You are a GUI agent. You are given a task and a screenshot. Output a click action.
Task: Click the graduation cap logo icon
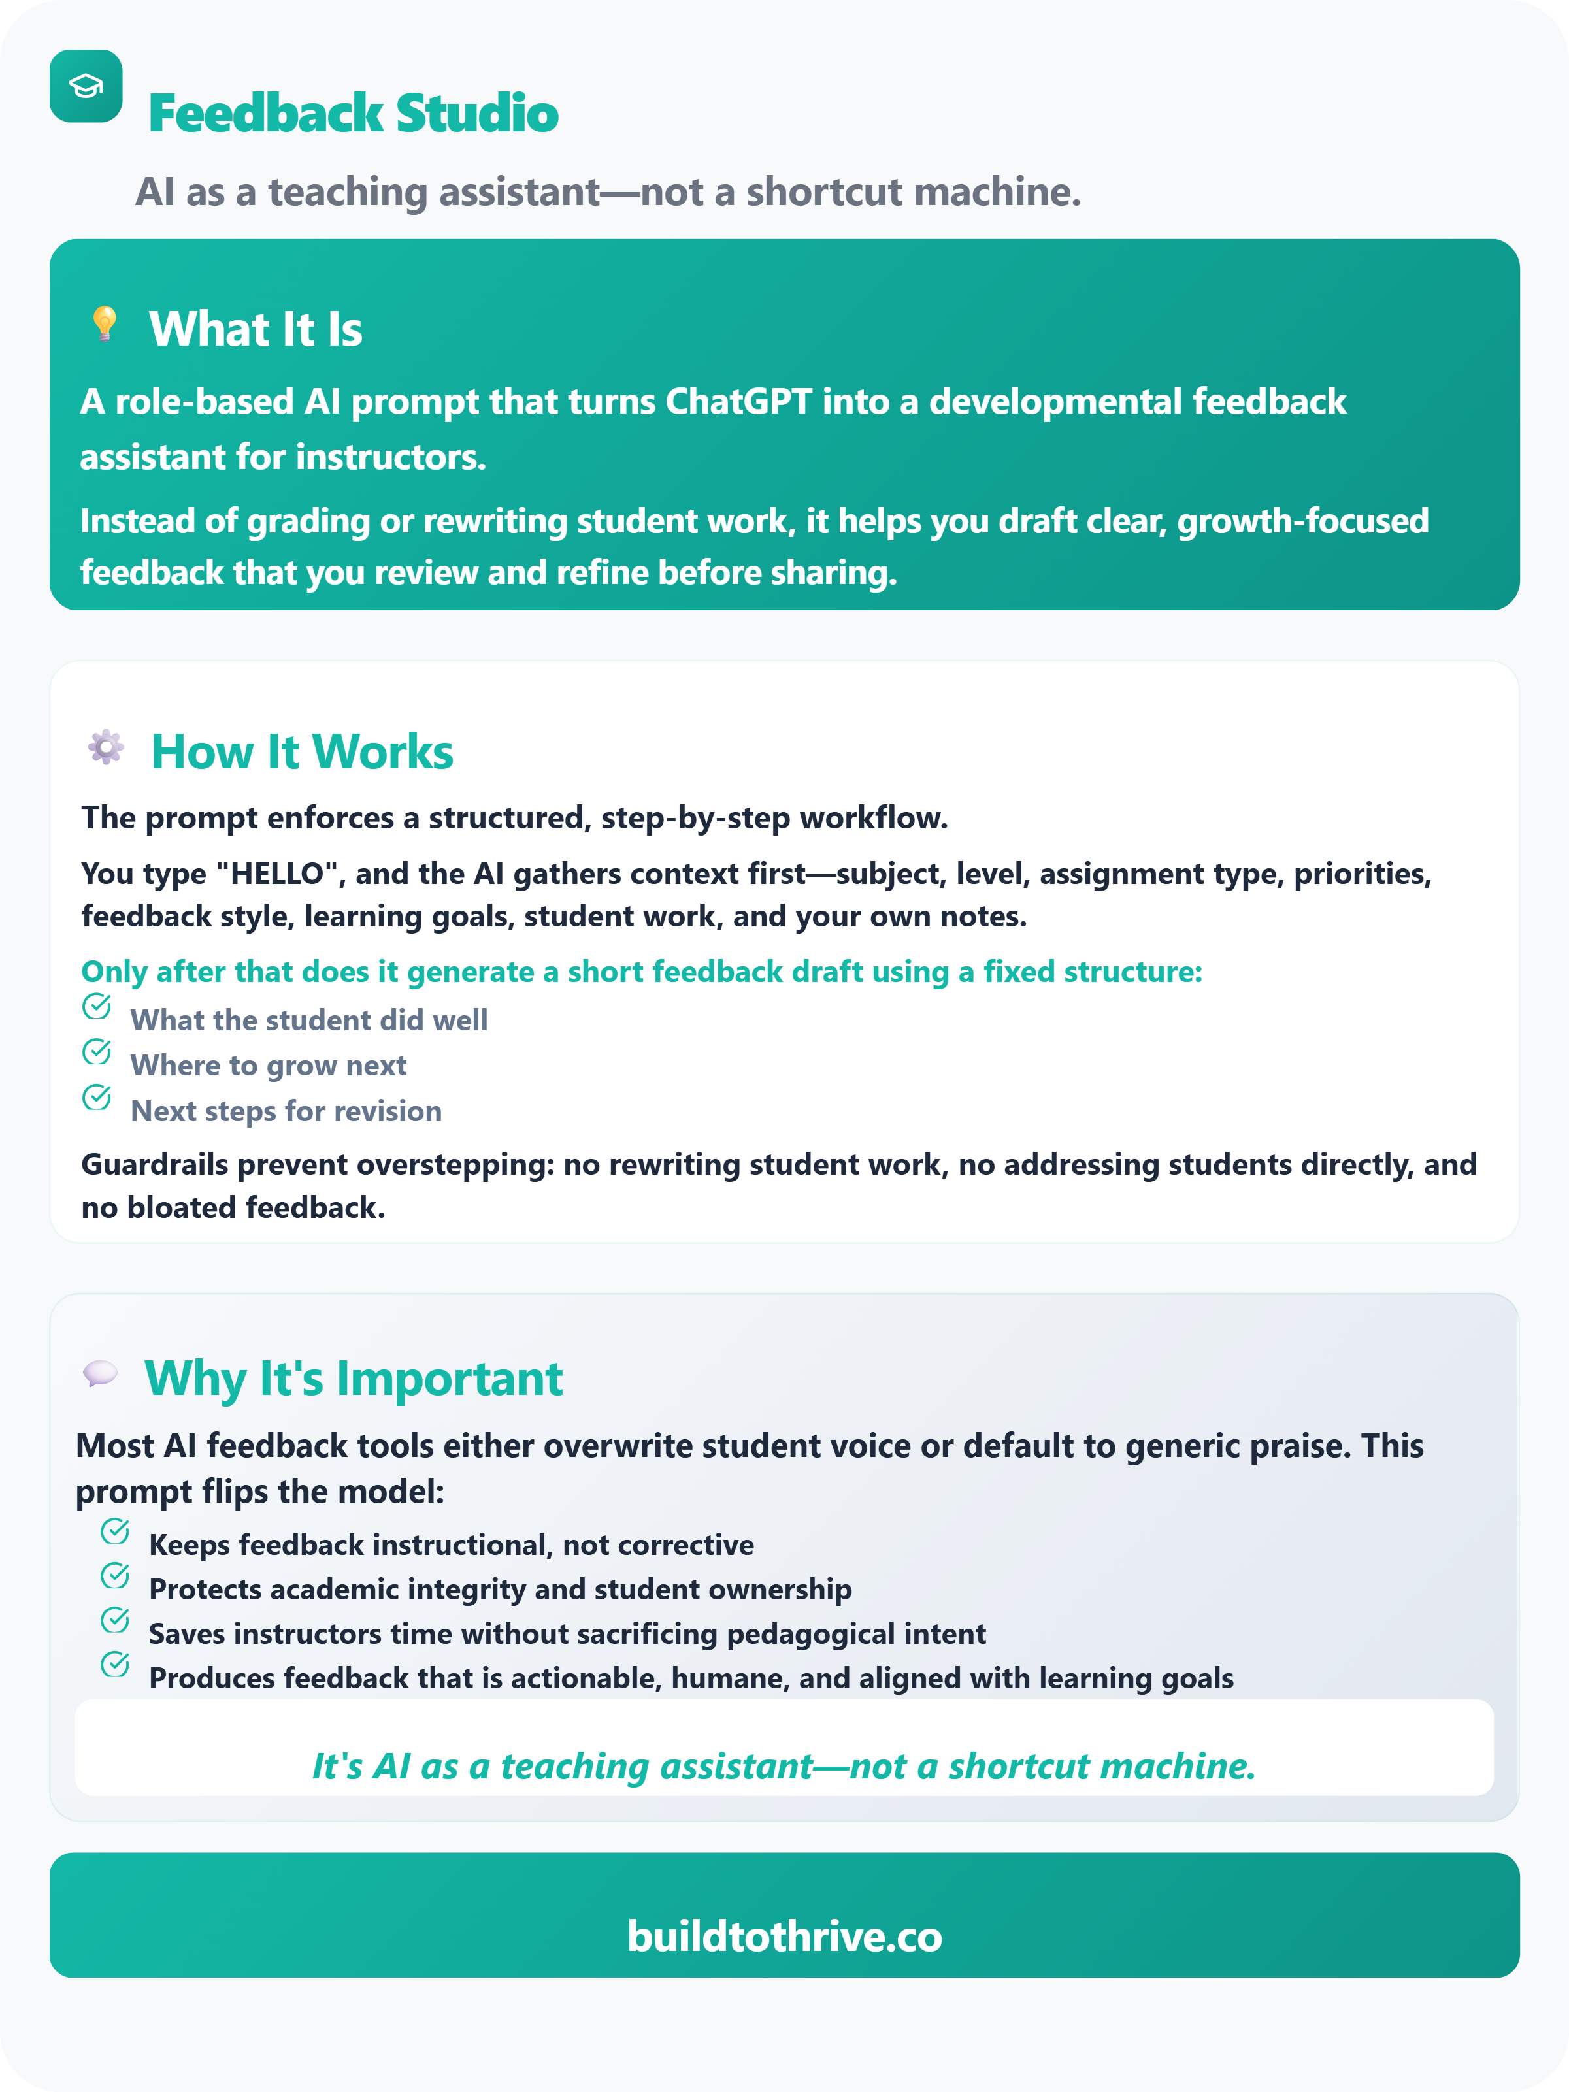click(86, 86)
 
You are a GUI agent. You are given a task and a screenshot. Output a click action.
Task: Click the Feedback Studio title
click(353, 114)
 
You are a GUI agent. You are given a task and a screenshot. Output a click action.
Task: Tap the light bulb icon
click(104, 323)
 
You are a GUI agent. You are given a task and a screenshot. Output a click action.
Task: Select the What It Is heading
click(256, 329)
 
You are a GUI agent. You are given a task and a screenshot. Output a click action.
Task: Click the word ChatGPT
click(738, 402)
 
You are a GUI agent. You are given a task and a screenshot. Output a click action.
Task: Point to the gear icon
click(106, 747)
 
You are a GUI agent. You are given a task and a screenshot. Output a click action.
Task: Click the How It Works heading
click(302, 752)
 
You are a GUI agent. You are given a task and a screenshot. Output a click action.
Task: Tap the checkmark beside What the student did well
click(97, 1006)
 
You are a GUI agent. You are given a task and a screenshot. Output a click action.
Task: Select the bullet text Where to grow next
click(269, 1066)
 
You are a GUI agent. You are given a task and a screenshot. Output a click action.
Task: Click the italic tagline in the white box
click(784, 1766)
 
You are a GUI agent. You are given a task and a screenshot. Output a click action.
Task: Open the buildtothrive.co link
click(784, 1936)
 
